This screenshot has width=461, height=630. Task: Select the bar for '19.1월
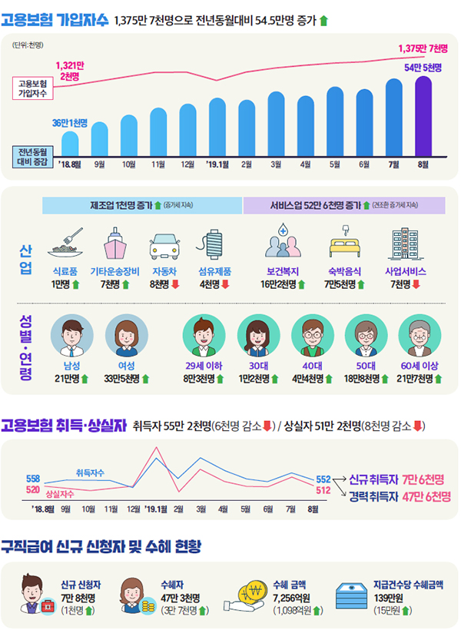point(217,126)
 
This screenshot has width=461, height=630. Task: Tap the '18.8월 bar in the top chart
point(70,144)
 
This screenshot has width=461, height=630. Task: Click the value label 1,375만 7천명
point(423,48)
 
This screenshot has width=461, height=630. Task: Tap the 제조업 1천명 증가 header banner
point(141,206)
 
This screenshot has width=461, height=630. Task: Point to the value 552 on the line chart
point(323,478)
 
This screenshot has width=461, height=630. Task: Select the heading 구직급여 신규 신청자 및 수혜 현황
point(101,547)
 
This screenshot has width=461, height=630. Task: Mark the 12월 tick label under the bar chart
point(187,164)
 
